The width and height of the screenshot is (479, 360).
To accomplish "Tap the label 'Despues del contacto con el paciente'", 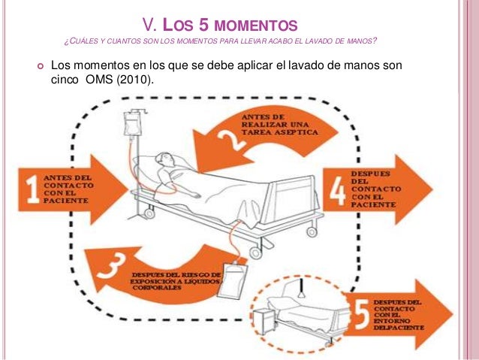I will [375, 187].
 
